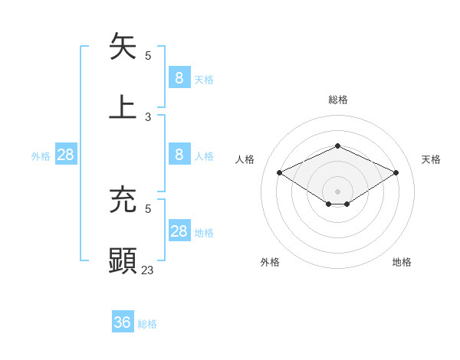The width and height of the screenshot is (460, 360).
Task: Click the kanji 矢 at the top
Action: tap(123, 47)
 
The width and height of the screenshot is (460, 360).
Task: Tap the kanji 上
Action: tap(123, 106)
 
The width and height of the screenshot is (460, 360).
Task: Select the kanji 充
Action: tap(123, 200)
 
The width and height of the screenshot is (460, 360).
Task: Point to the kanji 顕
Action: tap(123, 260)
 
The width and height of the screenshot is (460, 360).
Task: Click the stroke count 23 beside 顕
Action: tap(148, 270)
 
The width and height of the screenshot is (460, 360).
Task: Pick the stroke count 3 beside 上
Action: tap(148, 117)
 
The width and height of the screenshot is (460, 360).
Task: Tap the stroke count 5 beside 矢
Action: tap(148, 56)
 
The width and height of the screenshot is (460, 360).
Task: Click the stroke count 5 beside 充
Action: tap(148, 208)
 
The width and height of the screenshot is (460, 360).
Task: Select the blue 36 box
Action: tap(123, 322)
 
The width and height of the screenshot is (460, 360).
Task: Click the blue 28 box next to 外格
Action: tap(66, 155)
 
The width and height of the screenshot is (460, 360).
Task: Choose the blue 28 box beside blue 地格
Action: tap(179, 231)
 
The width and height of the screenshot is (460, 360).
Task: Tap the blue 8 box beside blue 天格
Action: tap(179, 77)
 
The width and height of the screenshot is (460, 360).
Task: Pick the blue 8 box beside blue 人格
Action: tap(179, 155)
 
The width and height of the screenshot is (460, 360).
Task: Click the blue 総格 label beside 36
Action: tap(147, 324)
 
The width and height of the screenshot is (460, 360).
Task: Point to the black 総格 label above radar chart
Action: tap(337, 100)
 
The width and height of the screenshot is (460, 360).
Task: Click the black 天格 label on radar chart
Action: tap(431, 159)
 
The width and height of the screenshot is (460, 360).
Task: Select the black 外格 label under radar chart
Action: tap(270, 262)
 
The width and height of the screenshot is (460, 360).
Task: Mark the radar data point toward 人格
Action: tap(280, 173)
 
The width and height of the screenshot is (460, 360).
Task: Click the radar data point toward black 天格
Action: tap(396, 173)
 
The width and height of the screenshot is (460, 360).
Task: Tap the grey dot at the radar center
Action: tap(337, 191)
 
